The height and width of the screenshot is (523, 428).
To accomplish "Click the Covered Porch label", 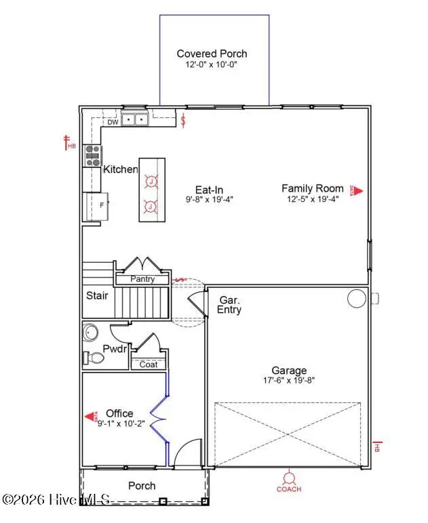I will click(x=212, y=54).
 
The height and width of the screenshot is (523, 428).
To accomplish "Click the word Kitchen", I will click(x=120, y=169).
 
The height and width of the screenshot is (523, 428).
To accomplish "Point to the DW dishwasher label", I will click(x=113, y=123).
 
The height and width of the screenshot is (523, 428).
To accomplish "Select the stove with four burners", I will click(x=92, y=156).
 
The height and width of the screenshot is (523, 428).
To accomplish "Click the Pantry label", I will click(x=142, y=279).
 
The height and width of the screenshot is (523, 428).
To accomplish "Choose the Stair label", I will click(x=96, y=295).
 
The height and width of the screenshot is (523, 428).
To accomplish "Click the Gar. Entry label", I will click(x=229, y=304).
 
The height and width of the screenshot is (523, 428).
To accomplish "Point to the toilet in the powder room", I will click(x=91, y=357).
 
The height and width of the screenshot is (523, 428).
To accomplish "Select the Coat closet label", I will click(x=148, y=364).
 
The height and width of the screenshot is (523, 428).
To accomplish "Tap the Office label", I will click(x=119, y=413).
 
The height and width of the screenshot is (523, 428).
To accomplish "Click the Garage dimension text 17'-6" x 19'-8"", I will click(x=290, y=381).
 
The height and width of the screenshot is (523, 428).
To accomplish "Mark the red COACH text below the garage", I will click(x=289, y=488).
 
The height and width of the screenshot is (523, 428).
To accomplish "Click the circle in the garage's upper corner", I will click(x=356, y=298).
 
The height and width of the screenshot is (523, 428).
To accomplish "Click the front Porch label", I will click(x=142, y=486).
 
